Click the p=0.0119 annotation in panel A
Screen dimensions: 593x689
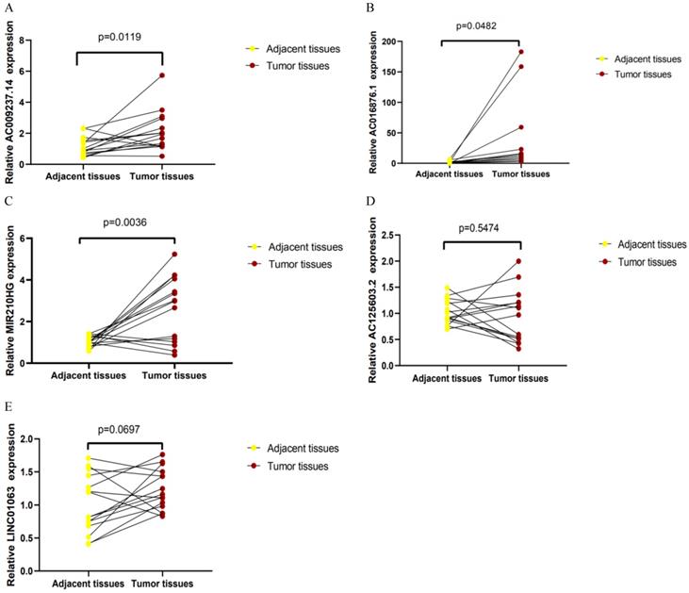click(120, 38)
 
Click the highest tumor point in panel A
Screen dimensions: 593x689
click(161, 75)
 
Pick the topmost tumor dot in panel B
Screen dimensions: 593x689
click(521, 51)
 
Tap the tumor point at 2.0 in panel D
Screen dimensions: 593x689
click(517, 261)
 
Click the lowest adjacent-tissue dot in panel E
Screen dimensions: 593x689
click(89, 543)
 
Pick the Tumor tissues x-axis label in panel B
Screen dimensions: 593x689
click(520, 175)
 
